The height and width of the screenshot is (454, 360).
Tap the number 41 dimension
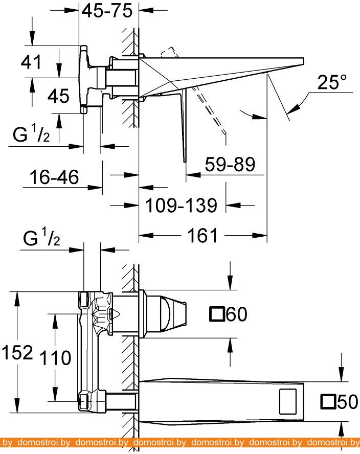pyautogui.click(x=31, y=62)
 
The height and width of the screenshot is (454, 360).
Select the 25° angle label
pyautogui.click(x=331, y=82)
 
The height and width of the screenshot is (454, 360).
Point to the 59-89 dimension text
pyautogui.click(x=230, y=165)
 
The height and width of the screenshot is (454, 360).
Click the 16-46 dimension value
pyautogui.click(x=55, y=177)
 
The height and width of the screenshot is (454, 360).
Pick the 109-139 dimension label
pyautogui.click(x=181, y=206)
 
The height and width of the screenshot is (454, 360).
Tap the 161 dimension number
pyautogui.click(x=203, y=236)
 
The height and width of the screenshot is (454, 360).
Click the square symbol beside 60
pyautogui.click(x=217, y=314)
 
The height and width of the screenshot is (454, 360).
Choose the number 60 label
pyautogui.click(x=236, y=314)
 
